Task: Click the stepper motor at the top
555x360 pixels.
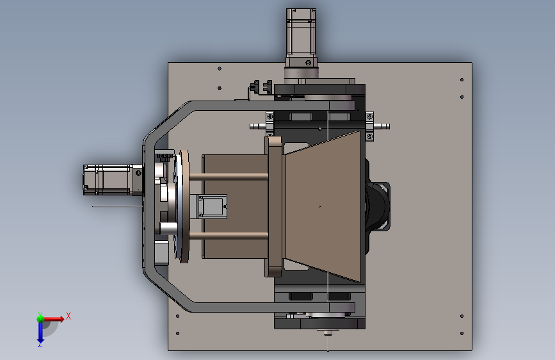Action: click(301, 38)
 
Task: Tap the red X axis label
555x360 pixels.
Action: click(68, 316)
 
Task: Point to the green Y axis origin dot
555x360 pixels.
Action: click(40, 319)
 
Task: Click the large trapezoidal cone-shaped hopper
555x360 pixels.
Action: click(323, 206)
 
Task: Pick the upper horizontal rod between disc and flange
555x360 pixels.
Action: click(229, 176)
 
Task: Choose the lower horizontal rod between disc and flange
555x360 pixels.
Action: click(229, 235)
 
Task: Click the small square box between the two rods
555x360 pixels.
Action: click(213, 206)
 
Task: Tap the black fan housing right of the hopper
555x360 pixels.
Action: click(378, 206)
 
